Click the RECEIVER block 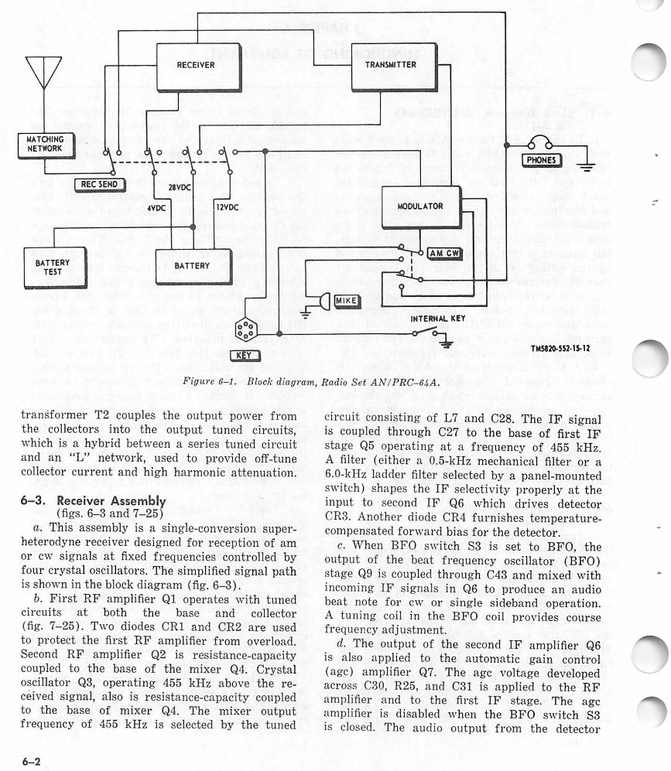[195, 65]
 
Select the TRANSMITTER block [391, 65]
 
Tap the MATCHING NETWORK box [45, 143]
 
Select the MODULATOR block [420, 206]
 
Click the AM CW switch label [444, 253]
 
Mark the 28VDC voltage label [180, 188]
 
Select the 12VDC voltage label [227, 208]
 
